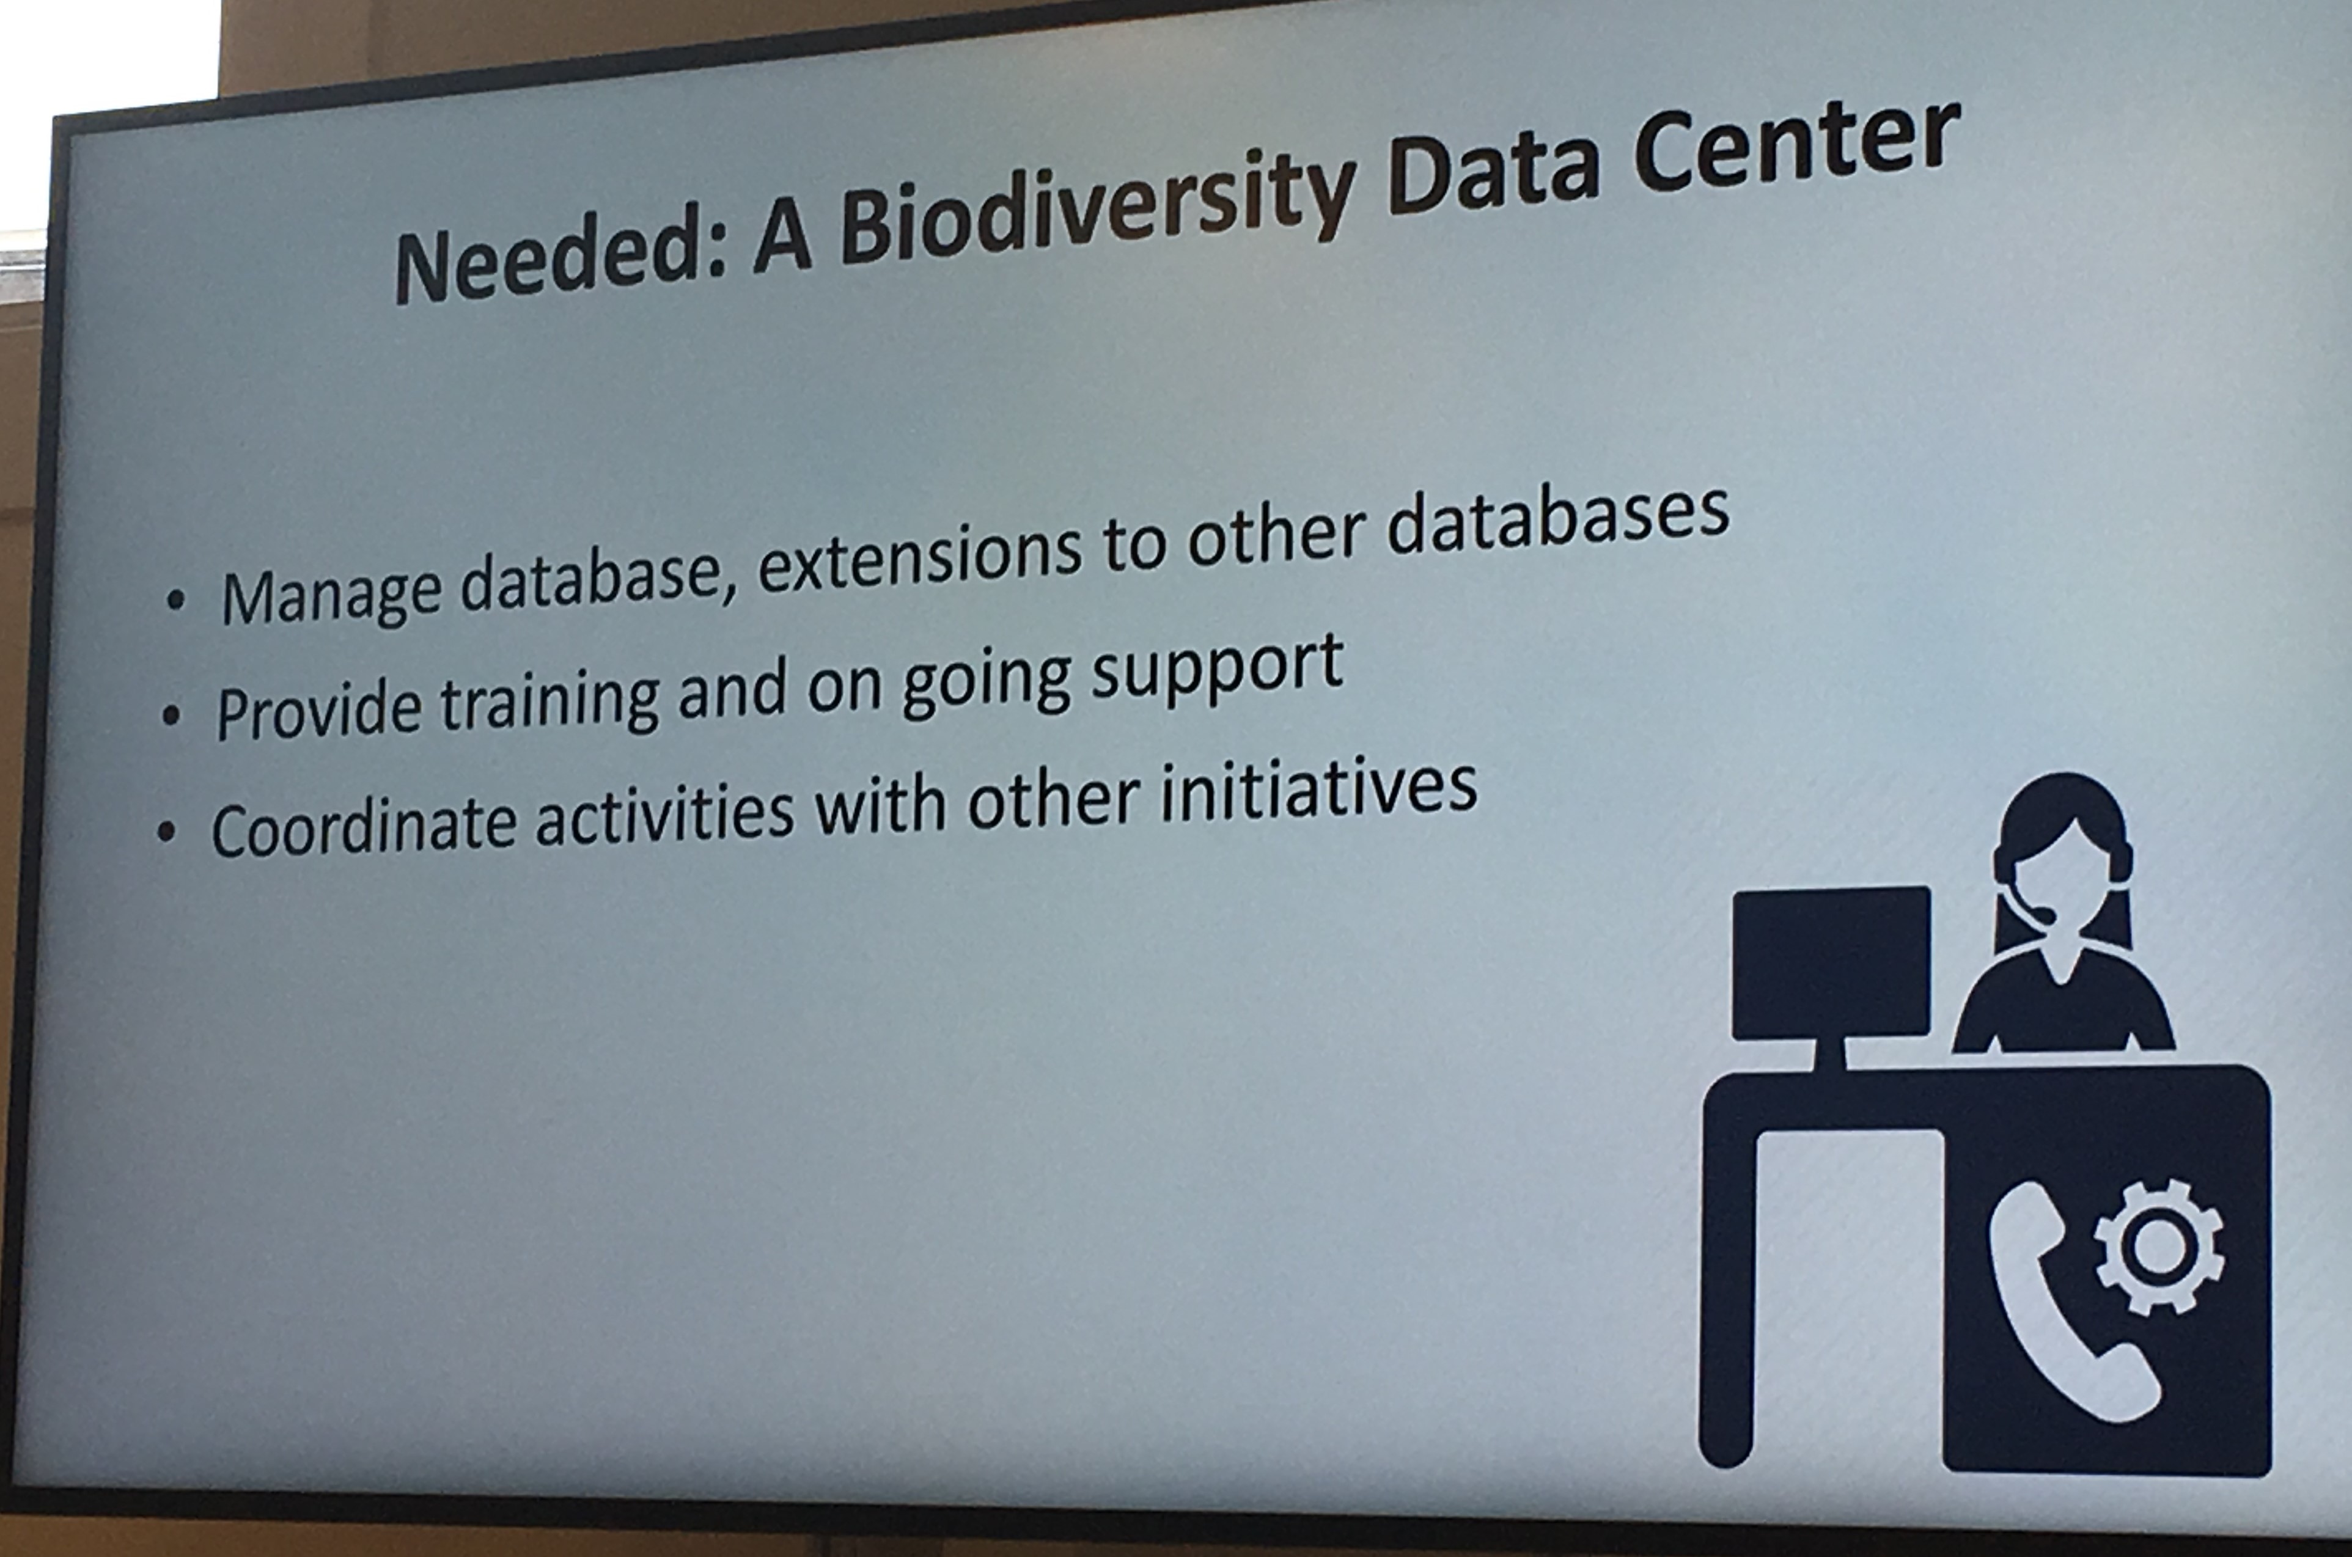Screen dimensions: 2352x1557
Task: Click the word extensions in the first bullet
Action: coord(919,561)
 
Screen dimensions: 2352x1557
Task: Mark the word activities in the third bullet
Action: coord(664,814)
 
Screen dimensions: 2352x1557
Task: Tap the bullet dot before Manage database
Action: coord(176,600)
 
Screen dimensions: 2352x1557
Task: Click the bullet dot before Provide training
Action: coord(172,715)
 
